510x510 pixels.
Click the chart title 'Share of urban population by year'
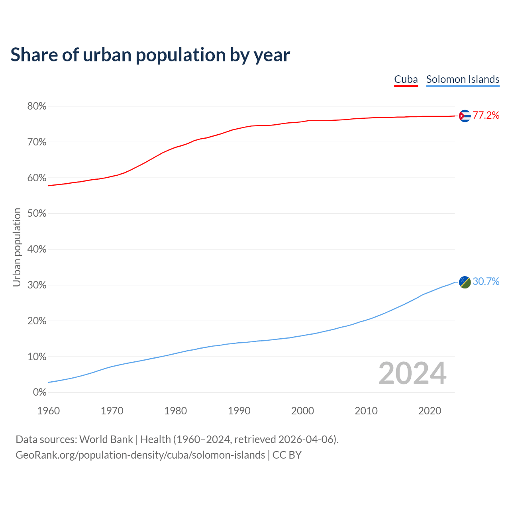tap(150, 55)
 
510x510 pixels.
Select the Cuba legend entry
tap(406, 79)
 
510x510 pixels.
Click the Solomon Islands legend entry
tap(463, 79)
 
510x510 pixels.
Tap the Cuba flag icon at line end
tap(465, 116)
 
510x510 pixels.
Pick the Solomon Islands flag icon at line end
tap(465, 282)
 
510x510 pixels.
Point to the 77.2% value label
tap(486, 116)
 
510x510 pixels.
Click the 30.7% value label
tap(486, 282)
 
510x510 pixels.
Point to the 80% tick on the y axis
tap(37, 106)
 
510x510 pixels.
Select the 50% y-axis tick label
tap(37, 214)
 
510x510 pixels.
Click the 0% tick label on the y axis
tap(39, 392)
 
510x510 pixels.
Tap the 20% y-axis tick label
tap(37, 321)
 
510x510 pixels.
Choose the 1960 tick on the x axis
tap(48, 411)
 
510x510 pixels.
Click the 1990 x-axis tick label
tap(239, 411)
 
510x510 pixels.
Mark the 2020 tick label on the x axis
tap(430, 411)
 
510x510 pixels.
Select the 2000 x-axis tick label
tap(302, 411)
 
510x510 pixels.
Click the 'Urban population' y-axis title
tap(17, 247)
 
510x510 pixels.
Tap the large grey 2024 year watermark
tap(412, 373)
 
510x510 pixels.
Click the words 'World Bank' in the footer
tap(106, 439)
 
